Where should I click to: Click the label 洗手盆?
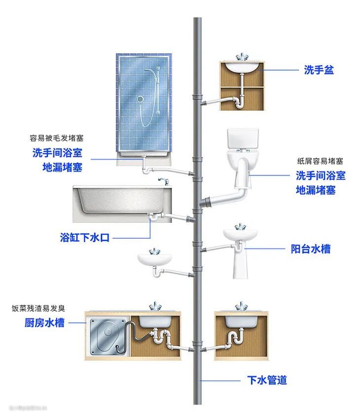point(319,70)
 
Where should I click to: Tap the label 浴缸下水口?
point(85,238)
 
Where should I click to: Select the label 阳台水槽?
point(310,248)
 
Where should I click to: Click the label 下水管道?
point(266,380)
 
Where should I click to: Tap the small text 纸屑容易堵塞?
point(320,161)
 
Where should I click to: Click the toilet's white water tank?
point(243,139)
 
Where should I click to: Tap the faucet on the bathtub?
point(164,181)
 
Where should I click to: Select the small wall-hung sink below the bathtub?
point(154,258)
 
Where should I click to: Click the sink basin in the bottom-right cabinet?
point(242,320)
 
